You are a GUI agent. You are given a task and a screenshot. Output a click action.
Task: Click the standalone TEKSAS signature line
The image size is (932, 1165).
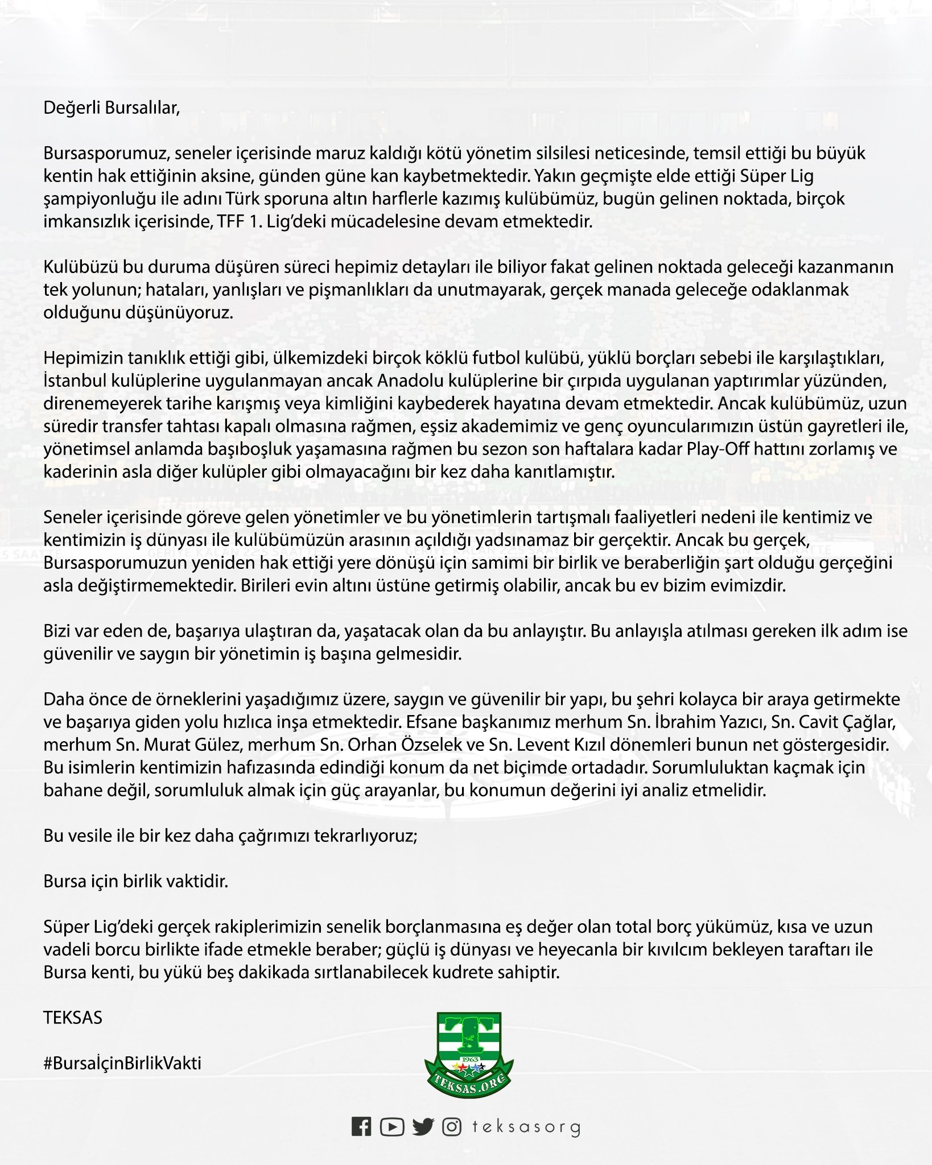[x=73, y=1018]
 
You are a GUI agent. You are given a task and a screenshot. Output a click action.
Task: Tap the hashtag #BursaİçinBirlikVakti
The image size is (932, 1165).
[x=122, y=1063]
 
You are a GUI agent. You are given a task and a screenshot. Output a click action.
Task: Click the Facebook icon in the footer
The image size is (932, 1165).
[x=361, y=1127]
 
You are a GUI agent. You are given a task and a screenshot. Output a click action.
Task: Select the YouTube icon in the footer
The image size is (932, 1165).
[x=392, y=1127]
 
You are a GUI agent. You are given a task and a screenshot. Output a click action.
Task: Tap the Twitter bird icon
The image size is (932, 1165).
[x=423, y=1127]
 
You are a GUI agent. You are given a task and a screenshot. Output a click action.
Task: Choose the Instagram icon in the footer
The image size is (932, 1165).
[x=452, y=1127]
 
